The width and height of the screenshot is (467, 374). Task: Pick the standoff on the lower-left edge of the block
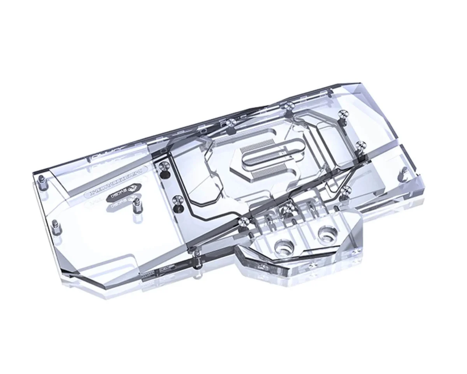point(56,225)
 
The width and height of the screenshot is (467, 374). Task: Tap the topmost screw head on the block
point(288,106)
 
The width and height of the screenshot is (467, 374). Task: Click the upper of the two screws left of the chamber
point(163,168)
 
